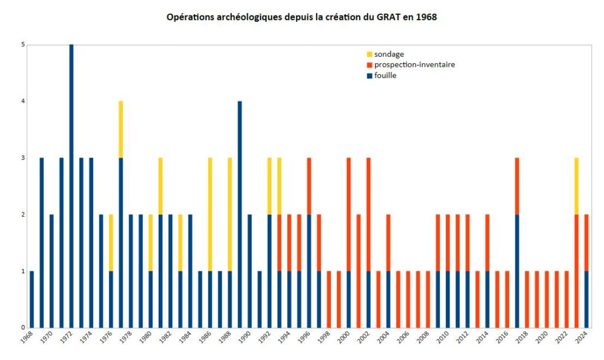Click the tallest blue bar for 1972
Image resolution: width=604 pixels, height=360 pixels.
(x=71, y=186)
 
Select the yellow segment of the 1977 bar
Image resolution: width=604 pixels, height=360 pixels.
(x=120, y=129)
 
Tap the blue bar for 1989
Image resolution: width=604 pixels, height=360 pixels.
(x=239, y=214)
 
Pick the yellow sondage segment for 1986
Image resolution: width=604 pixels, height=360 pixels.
(x=209, y=214)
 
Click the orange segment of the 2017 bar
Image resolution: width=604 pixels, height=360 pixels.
(x=517, y=186)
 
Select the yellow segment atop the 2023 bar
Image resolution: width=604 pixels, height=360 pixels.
(x=576, y=186)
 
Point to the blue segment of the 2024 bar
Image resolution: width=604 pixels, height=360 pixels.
(x=586, y=299)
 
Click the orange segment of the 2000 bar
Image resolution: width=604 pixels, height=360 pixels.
(x=349, y=214)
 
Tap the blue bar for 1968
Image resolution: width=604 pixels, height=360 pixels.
(x=32, y=299)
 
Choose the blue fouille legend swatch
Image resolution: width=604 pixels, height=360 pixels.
(x=369, y=76)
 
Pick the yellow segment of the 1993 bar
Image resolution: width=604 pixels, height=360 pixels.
(x=279, y=186)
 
